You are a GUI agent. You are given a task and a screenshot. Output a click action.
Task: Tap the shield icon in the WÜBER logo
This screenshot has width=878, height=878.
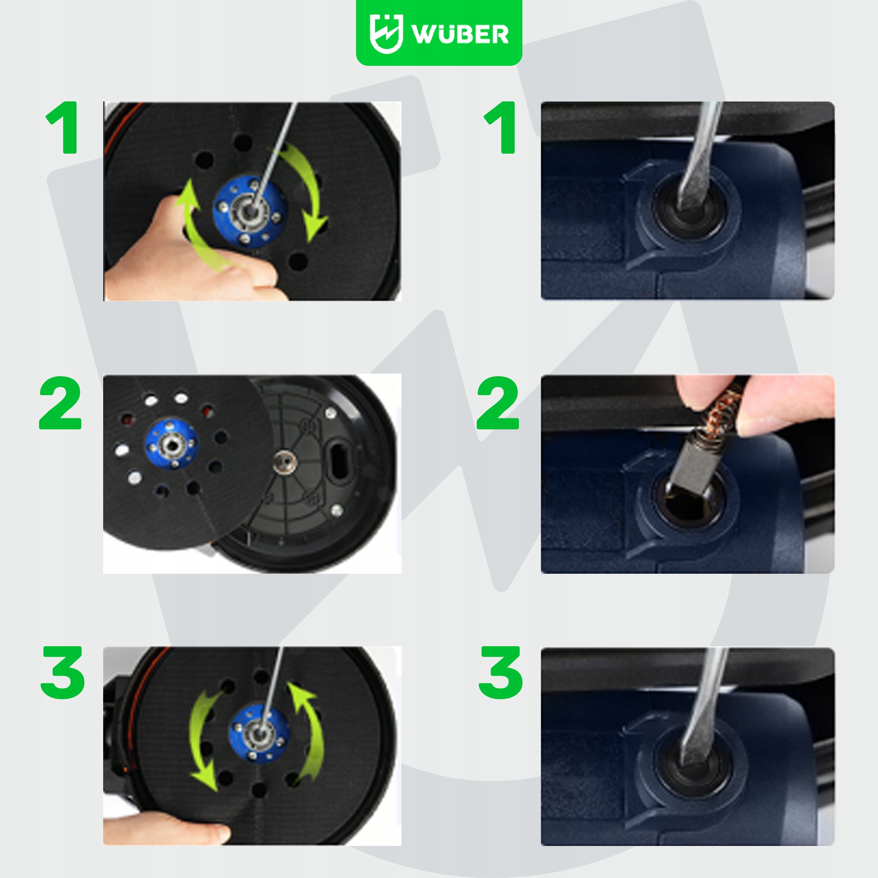tap(386, 34)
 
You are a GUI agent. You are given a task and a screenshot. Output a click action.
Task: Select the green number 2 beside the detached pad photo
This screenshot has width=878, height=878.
tap(61, 403)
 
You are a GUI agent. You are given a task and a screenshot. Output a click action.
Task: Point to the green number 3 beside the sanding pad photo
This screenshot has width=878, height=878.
tap(63, 673)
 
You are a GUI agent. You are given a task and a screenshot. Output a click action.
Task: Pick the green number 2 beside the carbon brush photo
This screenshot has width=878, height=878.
tap(498, 403)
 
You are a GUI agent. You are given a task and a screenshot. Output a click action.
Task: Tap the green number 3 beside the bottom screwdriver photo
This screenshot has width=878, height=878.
tap(501, 673)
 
